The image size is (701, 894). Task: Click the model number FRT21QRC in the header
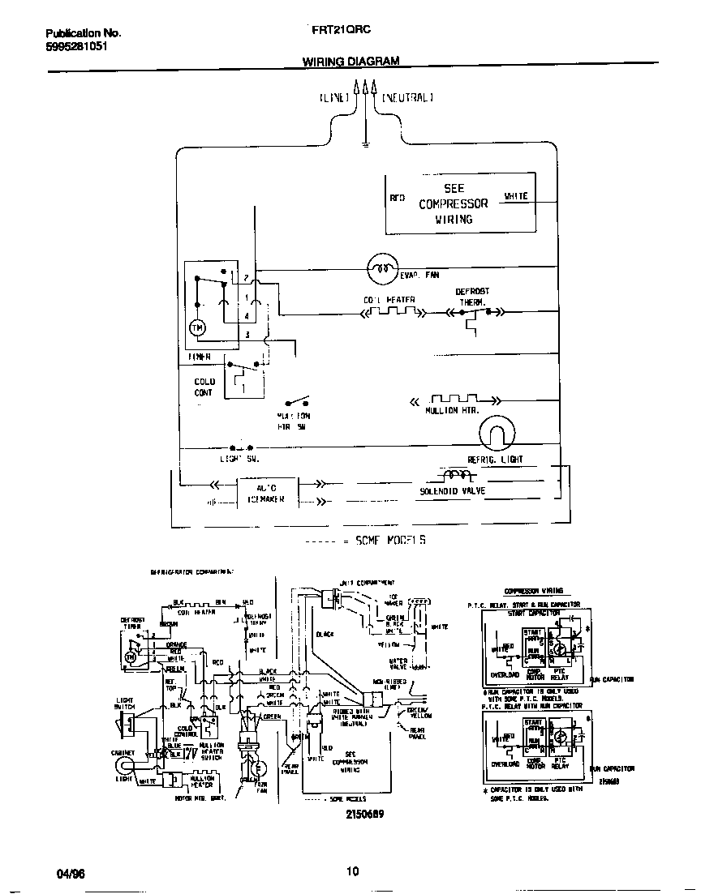click(342, 30)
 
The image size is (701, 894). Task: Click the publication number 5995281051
click(75, 47)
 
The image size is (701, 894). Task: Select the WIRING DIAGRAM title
click(350, 61)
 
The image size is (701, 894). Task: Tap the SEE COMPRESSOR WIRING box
click(459, 203)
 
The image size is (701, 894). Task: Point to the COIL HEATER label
click(389, 300)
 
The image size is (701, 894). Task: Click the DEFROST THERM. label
click(471, 296)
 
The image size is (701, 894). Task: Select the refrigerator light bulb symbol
click(497, 434)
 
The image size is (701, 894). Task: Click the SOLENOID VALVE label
click(452, 491)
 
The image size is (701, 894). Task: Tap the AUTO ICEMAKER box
click(266, 494)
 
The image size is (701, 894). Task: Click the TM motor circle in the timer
click(197, 327)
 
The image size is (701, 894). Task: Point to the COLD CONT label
click(204, 387)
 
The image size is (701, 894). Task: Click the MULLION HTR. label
click(452, 411)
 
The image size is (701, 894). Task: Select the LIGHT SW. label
click(239, 459)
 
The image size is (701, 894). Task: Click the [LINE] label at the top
click(334, 97)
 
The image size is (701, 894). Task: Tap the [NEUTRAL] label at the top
click(407, 97)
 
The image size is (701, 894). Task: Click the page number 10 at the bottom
click(352, 872)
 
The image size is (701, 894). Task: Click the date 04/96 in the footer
click(70, 874)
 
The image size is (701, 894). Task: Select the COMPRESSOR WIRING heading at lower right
click(534, 591)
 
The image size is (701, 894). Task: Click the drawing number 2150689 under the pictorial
click(364, 813)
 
